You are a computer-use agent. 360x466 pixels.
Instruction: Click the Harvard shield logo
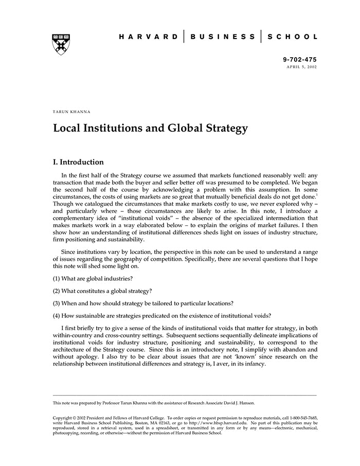click(x=61, y=45)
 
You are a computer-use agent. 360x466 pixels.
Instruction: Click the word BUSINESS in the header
click(x=223, y=37)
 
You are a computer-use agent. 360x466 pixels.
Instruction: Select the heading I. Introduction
click(x=78, y=162)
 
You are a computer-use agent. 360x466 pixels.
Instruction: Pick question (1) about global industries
click(x=93, y=278)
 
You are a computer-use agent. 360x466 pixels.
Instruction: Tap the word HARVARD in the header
click(x=149, y=37)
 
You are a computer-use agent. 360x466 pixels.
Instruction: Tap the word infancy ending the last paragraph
click(x=251, y=364)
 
